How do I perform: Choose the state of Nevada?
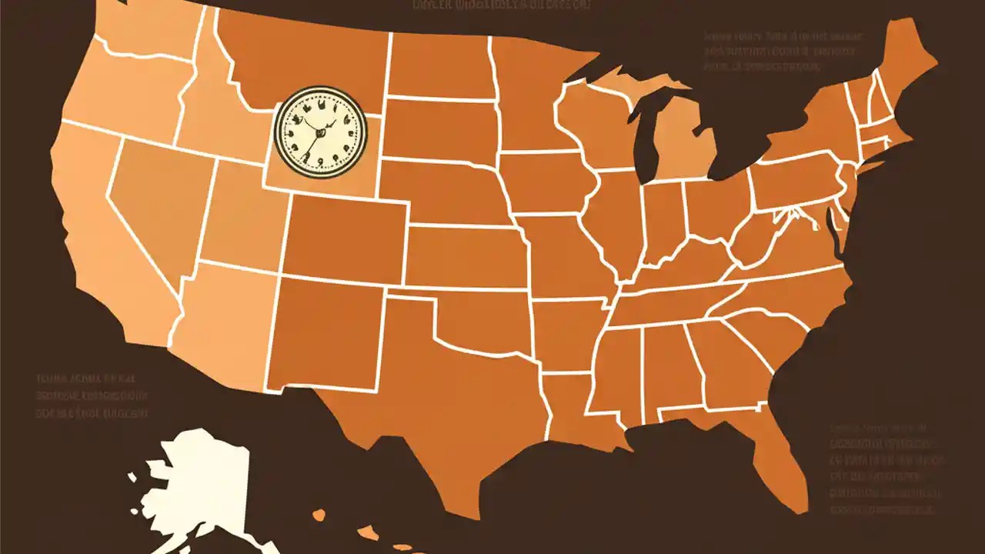[x=154, y=200]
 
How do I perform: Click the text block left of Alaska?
[x=92, y=396]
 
